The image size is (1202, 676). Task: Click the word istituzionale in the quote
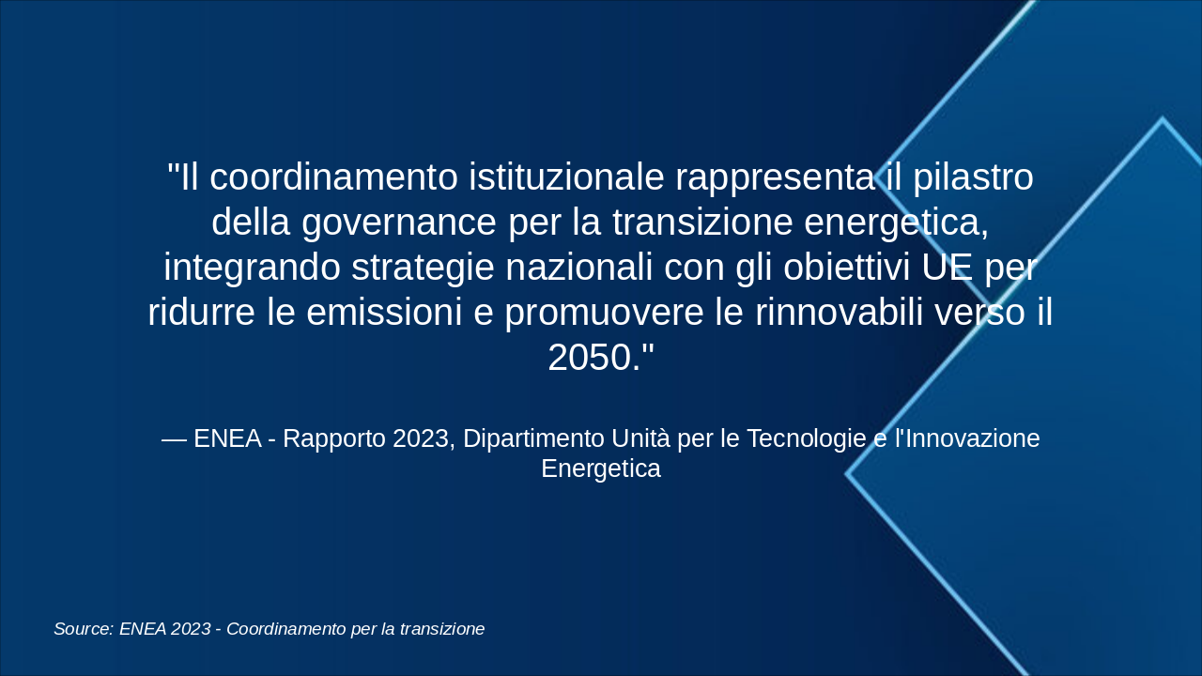coord(566,177)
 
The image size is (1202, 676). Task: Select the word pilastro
coord(973,177)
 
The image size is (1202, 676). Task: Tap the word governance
coord(399,223)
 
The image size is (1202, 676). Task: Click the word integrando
coord(253,268)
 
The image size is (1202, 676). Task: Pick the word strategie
coord(423,268)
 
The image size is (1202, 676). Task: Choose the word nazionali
coord(579,268)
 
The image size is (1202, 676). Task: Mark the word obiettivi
coord(847,268)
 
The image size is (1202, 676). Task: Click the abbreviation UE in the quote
coord(948,268)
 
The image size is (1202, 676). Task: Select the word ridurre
coord(202,313)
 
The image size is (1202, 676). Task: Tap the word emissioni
coord(384,313)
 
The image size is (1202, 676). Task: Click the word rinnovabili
coord(840,313)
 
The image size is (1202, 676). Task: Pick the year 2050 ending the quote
coord(591,358)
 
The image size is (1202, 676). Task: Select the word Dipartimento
coord(534,438)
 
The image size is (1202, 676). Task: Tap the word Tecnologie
coord(807,438)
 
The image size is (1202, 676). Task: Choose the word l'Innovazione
coord(967,438)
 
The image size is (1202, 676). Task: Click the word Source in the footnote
coord(84,629)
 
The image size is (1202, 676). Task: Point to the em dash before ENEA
coord(175,440)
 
